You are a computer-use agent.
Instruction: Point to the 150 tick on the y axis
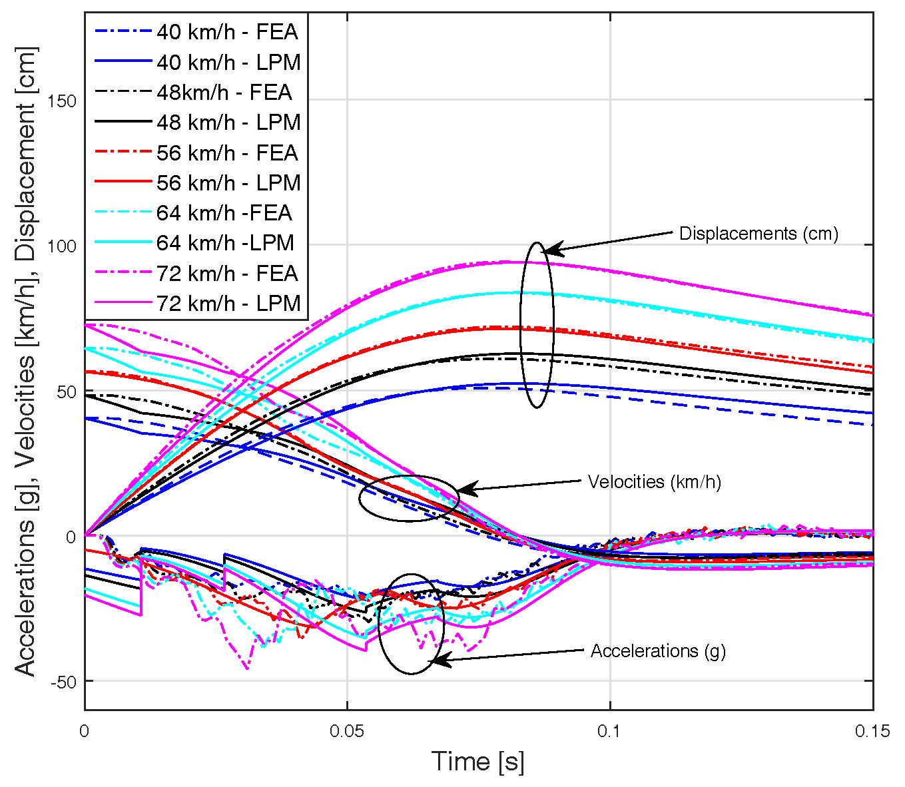pos(62,101)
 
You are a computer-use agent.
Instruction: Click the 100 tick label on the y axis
pos(62,246)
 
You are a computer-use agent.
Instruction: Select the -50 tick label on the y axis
pos(62,681)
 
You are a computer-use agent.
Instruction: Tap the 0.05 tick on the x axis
pos(347,731)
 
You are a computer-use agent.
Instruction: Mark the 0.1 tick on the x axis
pos(610,731)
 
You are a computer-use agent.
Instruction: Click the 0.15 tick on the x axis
pos(872,731)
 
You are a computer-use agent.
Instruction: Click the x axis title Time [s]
pos(478,761)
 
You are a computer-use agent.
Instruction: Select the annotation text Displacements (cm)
pos(758,234)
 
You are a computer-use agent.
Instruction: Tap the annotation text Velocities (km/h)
pos(655,481)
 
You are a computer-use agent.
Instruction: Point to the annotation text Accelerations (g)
pos(658,651)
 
